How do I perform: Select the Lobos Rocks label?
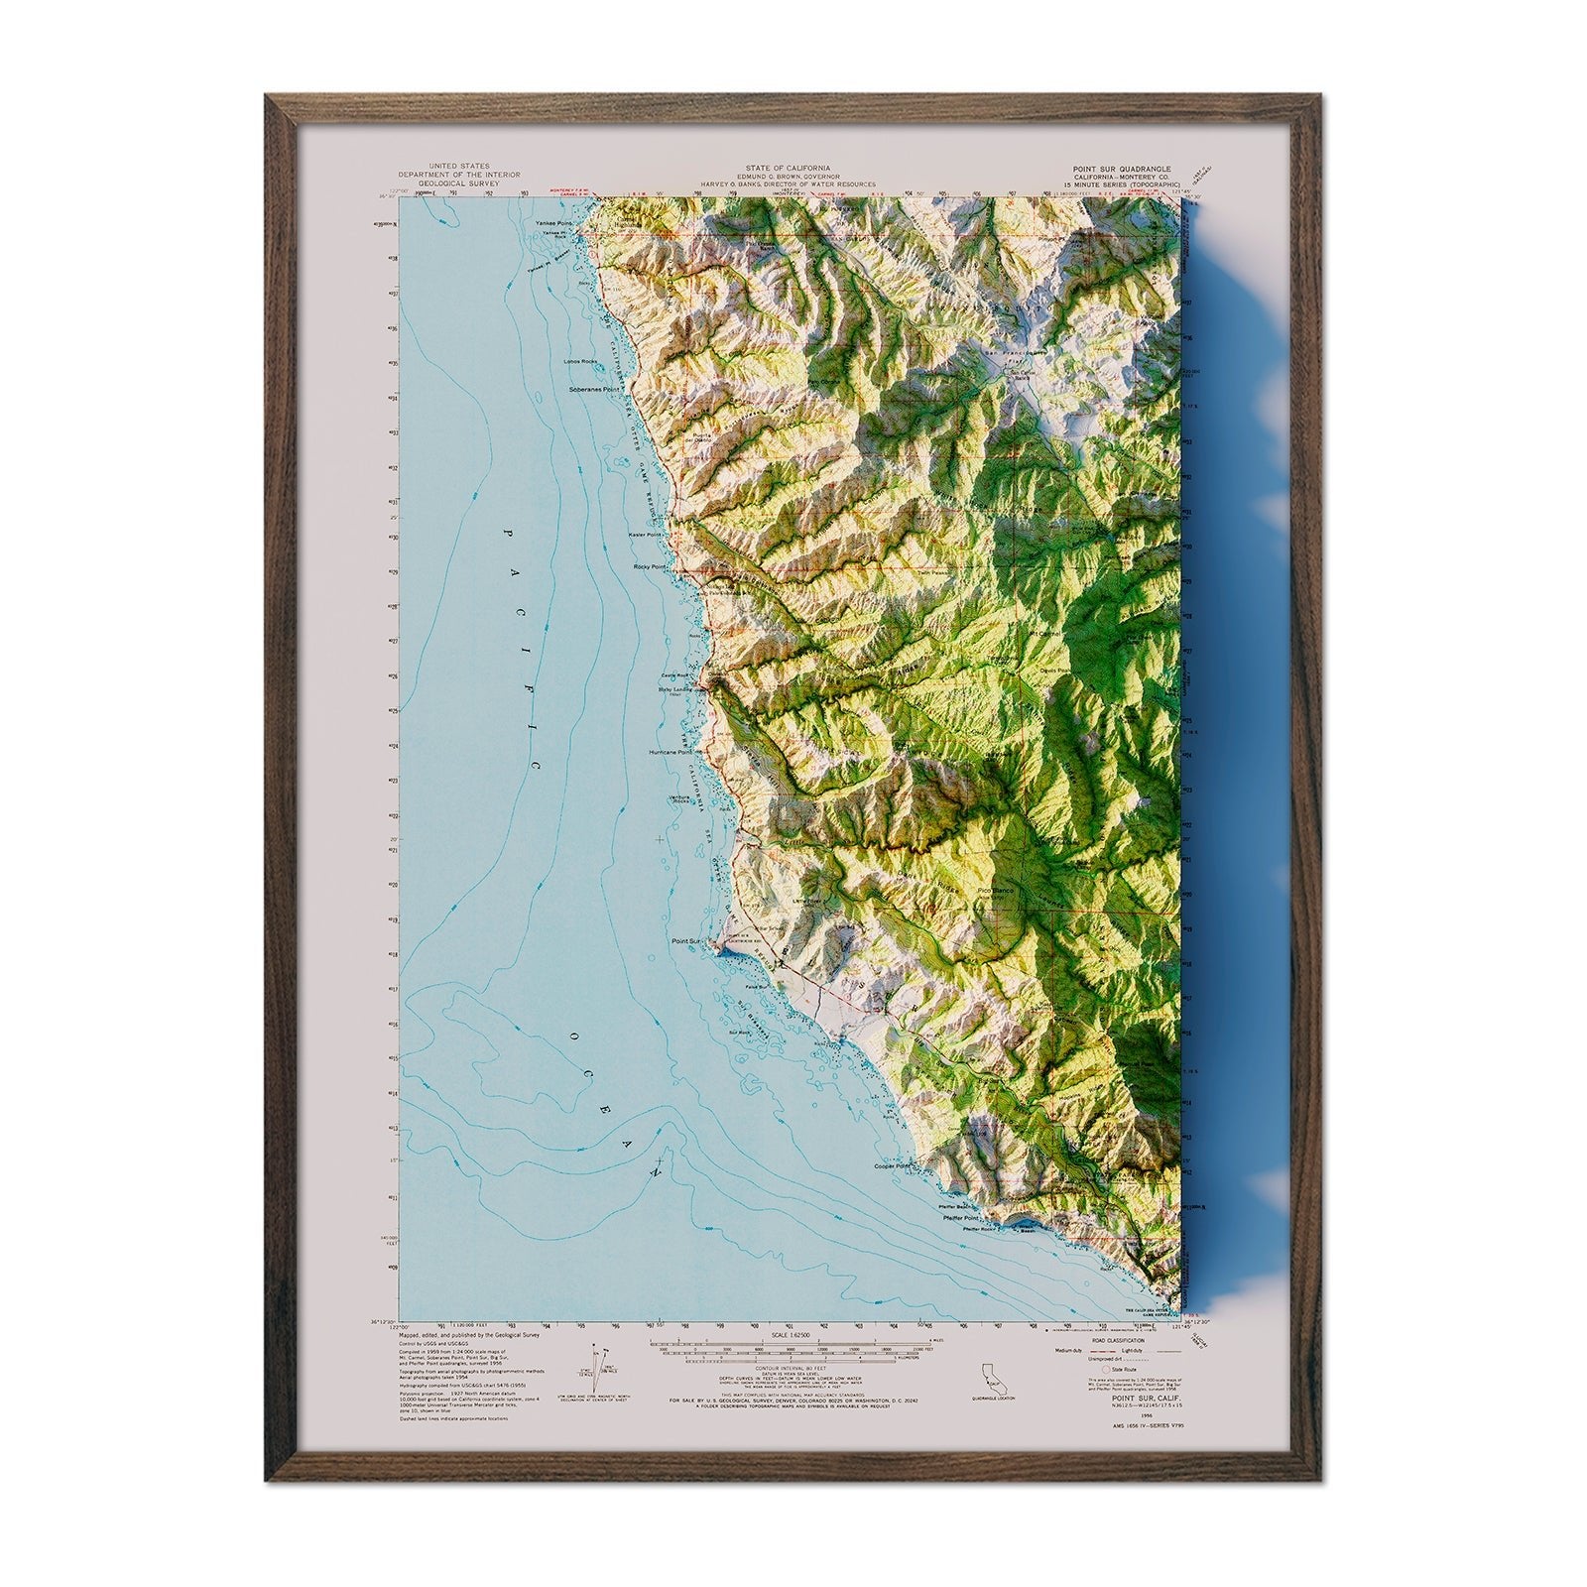pyautogui.click(x=583, y=361)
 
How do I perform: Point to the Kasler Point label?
pyautogui.click(x=645, y=535)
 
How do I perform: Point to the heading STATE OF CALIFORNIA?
pyautogui.click(x=790, y=169)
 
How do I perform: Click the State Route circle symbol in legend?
pyautogui.click(x=1092, y=1370)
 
